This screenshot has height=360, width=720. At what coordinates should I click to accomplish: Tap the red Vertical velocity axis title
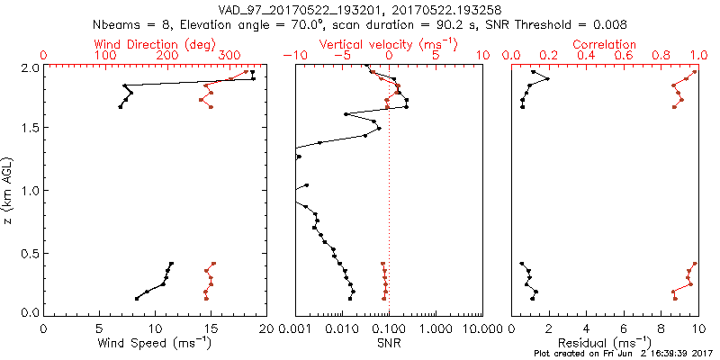[x=388, y=44]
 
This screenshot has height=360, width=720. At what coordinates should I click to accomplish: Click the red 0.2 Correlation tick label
[x=549, y=56]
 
